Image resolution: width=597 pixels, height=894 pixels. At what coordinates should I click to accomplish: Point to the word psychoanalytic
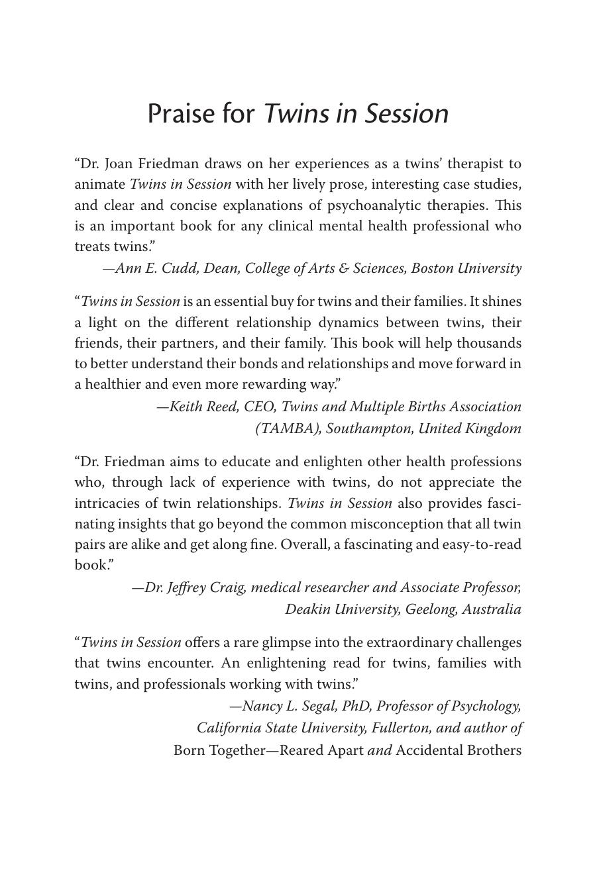[374, 205]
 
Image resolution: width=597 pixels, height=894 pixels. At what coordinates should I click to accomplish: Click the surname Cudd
[179, 268]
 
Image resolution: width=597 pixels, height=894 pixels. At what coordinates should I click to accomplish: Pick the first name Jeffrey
[186, 588]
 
